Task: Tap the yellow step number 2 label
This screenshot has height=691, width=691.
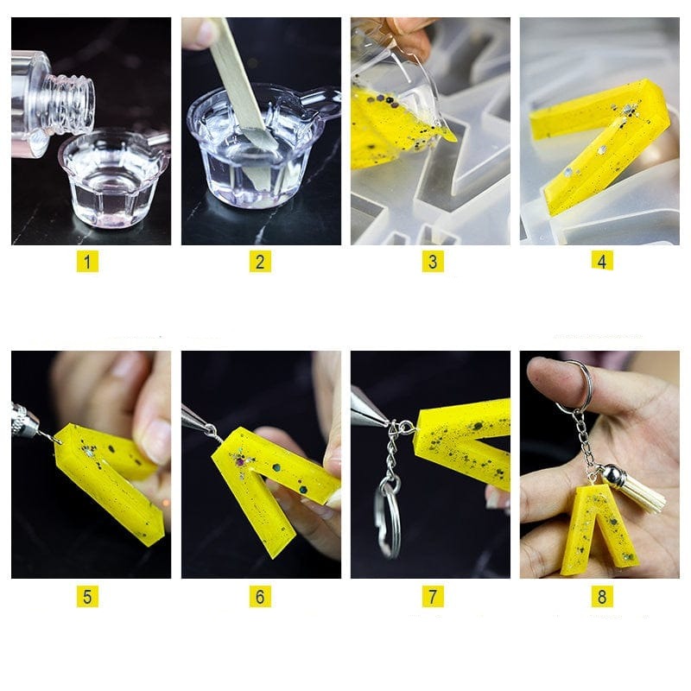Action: coord(260,261)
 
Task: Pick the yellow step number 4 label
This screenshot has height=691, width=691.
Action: coord(602,260)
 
